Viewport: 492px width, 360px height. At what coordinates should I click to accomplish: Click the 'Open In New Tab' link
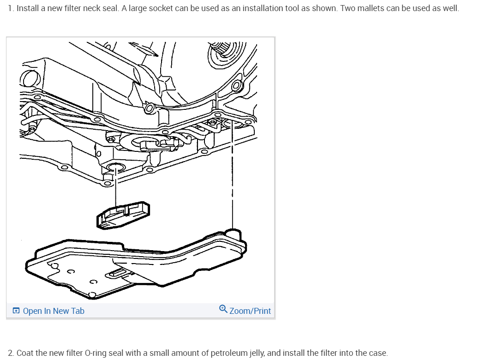click(53, 311)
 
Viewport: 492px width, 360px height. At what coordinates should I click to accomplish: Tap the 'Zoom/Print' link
click(250, 311)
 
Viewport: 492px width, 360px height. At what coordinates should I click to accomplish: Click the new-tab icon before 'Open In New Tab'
click(16, 311)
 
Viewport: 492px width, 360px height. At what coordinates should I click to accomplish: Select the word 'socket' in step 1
click(161, 9)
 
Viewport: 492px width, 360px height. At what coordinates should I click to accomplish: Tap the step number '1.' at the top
click(11, 9)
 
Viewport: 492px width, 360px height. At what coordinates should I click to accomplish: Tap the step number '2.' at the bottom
click(12, 353)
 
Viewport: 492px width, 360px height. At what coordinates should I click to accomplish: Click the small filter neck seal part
click(124, 214)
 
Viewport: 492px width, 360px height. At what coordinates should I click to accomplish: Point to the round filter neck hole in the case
click(115, 167)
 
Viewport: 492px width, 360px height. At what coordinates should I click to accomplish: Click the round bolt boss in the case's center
click(149, 109)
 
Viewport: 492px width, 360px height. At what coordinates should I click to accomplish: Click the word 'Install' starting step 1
click(27, 9)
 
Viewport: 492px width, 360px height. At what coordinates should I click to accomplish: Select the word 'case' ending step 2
click(378, 353)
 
